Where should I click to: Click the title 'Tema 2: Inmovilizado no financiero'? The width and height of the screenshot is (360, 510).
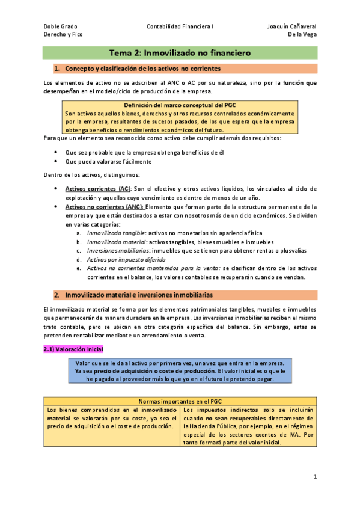(x=180, y=53)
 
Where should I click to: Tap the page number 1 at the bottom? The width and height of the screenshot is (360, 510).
(x=314, y=476)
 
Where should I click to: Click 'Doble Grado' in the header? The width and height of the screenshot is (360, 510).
(x=61, y=26)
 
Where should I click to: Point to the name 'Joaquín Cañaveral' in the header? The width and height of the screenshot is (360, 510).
(x=291, y=26)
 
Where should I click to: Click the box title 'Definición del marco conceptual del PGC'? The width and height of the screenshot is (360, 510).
(x=180, y=105)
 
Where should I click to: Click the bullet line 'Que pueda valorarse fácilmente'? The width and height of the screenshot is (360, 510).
(x=108, y=161)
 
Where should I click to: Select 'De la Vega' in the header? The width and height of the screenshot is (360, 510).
(x=302, y=35)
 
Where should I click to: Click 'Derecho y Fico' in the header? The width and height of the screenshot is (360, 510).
(x=64, y=35)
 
